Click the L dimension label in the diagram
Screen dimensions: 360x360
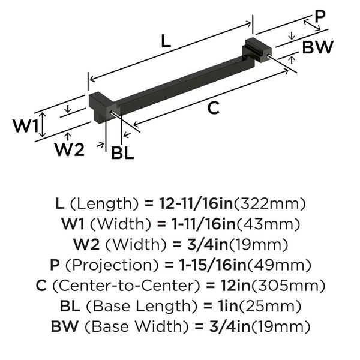click(166, 41)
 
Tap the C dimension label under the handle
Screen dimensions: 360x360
click(213, 108)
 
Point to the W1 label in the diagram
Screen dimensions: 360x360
click(26, 126)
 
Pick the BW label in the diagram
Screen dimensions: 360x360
click(317, 47)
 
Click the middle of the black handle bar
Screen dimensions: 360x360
click(180, 80)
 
